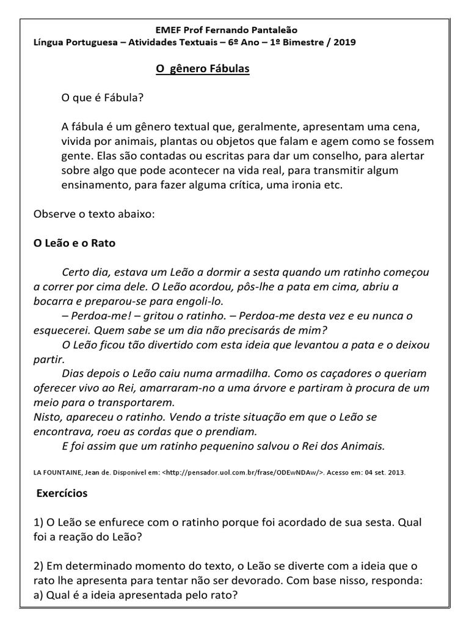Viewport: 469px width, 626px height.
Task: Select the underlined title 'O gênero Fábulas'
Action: pyautogui.click(x=203, y=69)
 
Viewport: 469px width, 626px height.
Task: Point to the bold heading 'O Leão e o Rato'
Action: pyautogui.click(x=74, y=243)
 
